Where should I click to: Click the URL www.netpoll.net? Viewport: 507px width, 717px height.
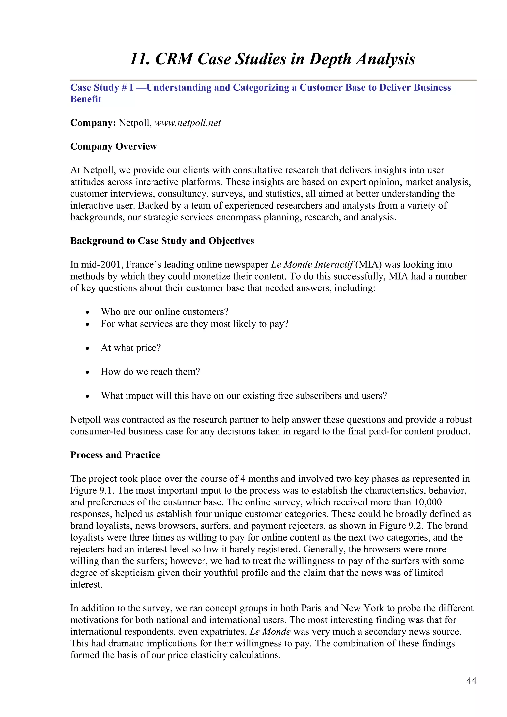click(187, 123)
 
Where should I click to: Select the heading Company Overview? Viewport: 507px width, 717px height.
click(113, 146)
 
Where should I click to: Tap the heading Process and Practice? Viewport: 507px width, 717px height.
click(115, 455)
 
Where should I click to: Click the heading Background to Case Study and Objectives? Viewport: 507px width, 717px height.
click(162, 241)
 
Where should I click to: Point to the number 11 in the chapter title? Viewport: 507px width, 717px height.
click(139, 59)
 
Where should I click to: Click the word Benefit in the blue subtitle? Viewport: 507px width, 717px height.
click(86, 99)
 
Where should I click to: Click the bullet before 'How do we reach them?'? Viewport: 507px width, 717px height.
click(88, 373)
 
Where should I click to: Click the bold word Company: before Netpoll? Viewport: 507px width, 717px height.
click(93, 123)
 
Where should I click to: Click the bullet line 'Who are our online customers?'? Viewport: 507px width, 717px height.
click(164, 312)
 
